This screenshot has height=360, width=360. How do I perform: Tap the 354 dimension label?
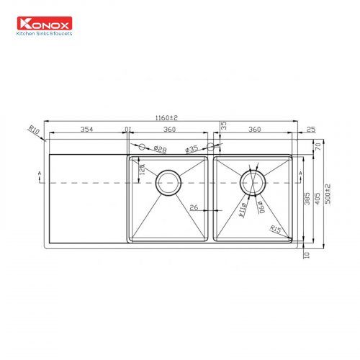pyautogui.click(x=86, y=130)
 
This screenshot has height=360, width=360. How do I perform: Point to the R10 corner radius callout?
pyautogui.click(x=33, y=130)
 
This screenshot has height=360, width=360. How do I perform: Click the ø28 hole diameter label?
pyautogui.click(x=161, y=149)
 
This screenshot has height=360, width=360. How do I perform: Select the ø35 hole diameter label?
pyautogui.click(x=192, y=149)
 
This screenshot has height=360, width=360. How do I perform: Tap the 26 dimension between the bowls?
pyautogui.click(x=194, y=207)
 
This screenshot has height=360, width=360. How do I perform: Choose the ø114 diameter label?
pyautogui.click(x=243, y=208)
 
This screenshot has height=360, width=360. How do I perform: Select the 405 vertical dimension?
pyautogui.click(x=318, y=194)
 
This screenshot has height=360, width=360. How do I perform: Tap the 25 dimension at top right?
pyautogui.click(x=310, y=130)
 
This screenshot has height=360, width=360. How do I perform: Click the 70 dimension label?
pyautogui.click(x=318, y=145)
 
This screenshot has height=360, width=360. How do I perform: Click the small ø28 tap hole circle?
pyautogui.click(x=142, y=147)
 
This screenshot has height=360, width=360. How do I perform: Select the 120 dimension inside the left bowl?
pyautogui.click(x=142, y=170)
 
